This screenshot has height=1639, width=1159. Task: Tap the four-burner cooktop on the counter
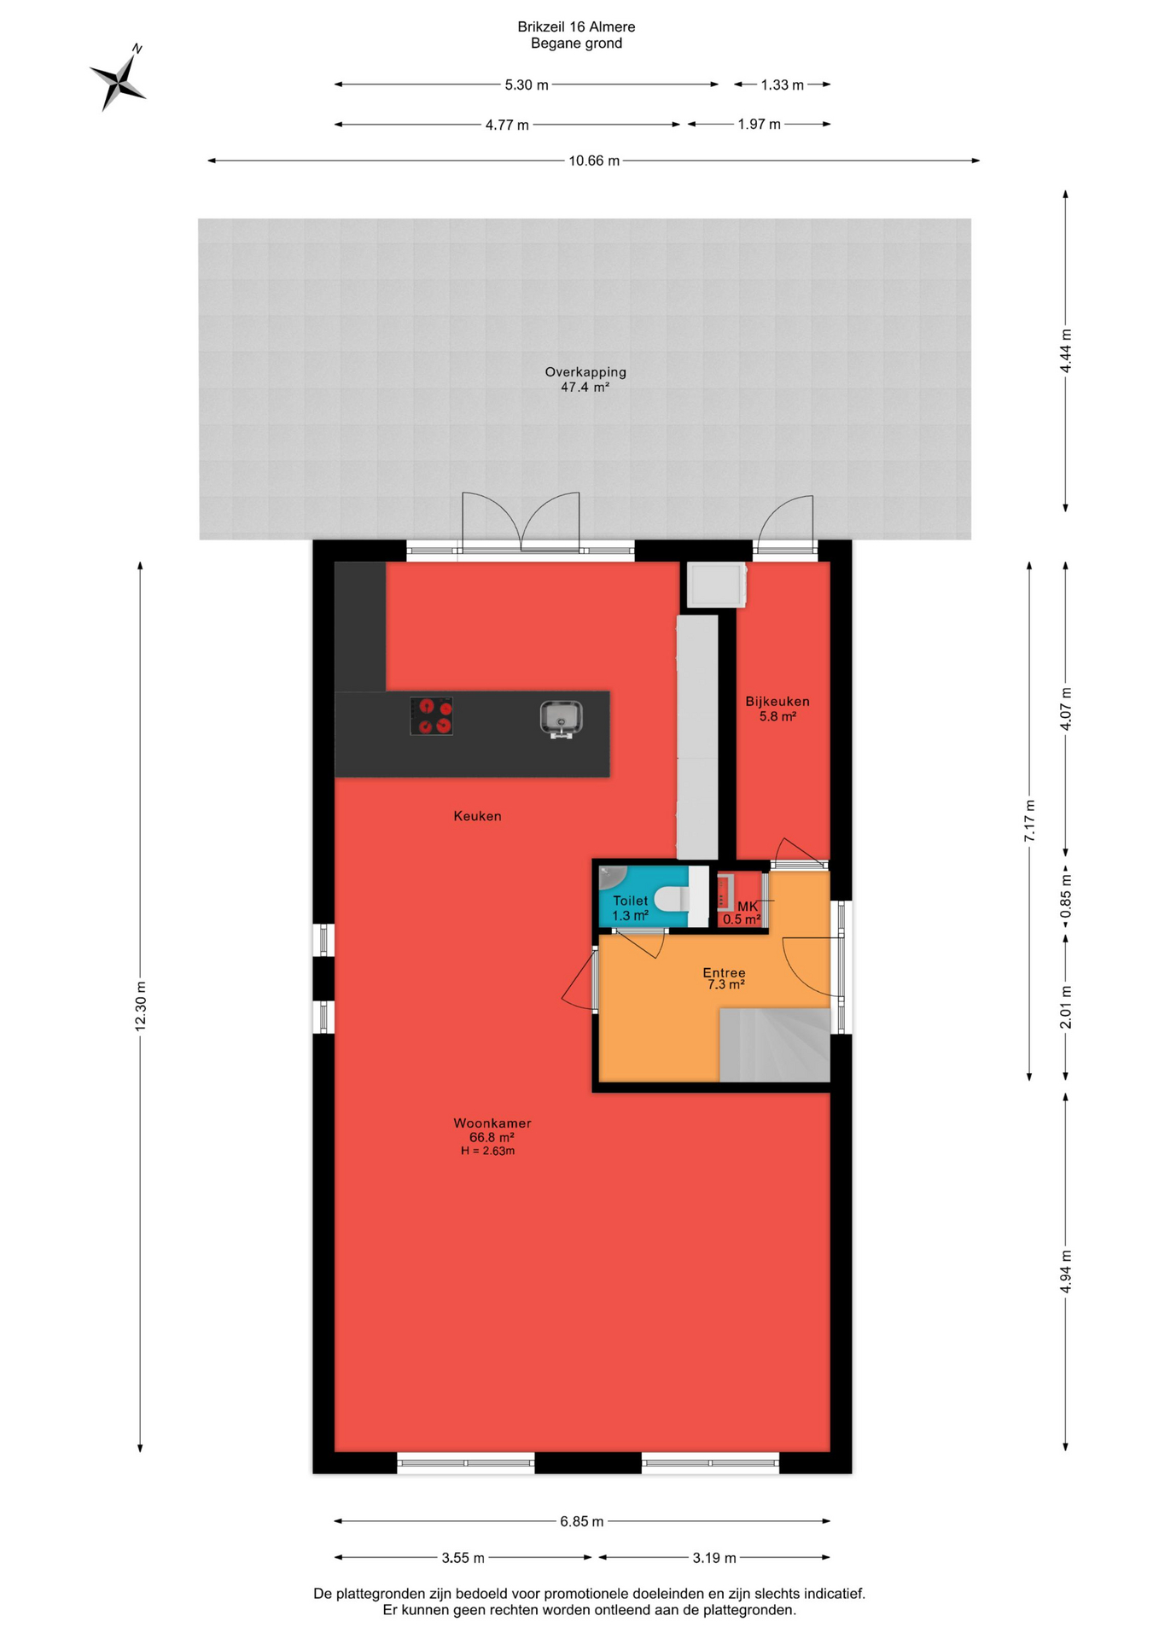[x=431, y=716]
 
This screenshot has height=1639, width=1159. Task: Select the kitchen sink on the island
[x=561, y=718]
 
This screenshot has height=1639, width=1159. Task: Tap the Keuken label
[x=477, y=816]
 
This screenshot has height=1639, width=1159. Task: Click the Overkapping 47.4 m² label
[x=585, y=379]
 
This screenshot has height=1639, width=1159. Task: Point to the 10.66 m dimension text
[x=594, y=160]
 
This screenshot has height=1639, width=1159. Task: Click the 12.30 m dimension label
[x=141, y=1006]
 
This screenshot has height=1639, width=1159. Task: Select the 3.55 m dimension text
[x=463, y=1558]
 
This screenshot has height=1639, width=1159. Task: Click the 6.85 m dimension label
[x=582, y=1521]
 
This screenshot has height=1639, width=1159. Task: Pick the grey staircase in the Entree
[x=775, y=1045]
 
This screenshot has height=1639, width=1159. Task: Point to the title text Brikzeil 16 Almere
[x=576, y=27]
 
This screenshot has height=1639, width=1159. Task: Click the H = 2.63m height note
[x=488, y=1151]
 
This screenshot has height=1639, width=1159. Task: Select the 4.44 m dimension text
[x=1065, y=351]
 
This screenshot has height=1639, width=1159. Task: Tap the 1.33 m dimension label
[x=783, y=85]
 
